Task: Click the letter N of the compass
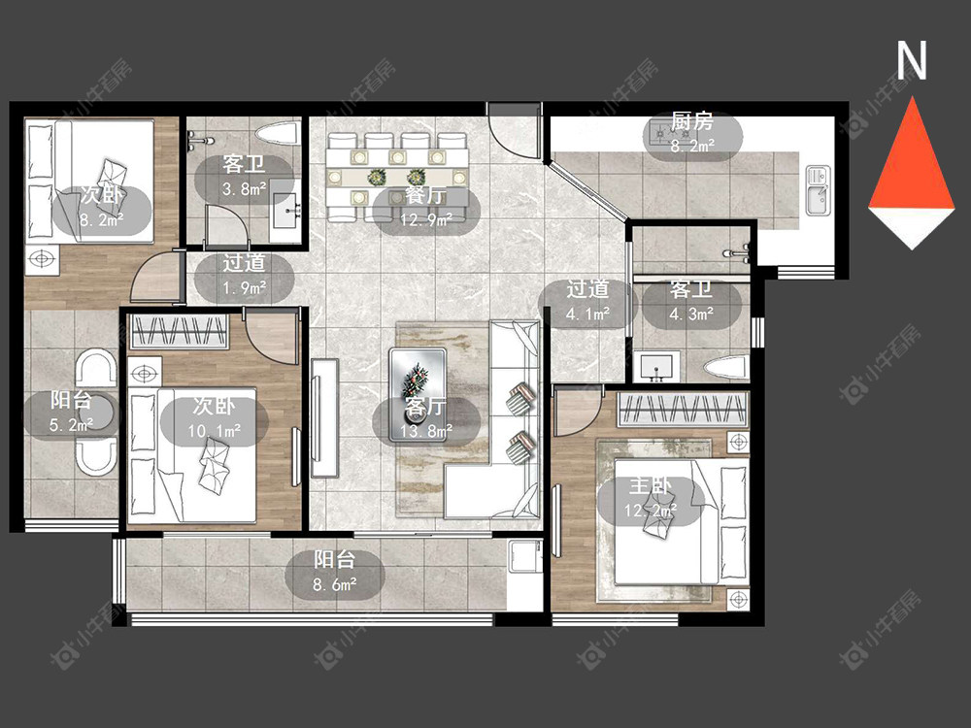912,60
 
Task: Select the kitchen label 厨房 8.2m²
692,133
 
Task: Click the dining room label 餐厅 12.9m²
426,208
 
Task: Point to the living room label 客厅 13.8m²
426,418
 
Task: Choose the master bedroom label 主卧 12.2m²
651,498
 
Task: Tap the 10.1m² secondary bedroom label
215,418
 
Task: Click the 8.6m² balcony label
334,572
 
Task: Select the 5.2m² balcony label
71,413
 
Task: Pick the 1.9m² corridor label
244,276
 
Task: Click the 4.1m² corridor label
587,302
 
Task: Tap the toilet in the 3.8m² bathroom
277,134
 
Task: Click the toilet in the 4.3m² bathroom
725,367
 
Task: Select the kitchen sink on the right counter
818,190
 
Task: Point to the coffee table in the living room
418,395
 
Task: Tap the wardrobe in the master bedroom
684,410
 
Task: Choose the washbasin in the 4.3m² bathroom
656,367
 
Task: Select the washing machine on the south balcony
523,557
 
